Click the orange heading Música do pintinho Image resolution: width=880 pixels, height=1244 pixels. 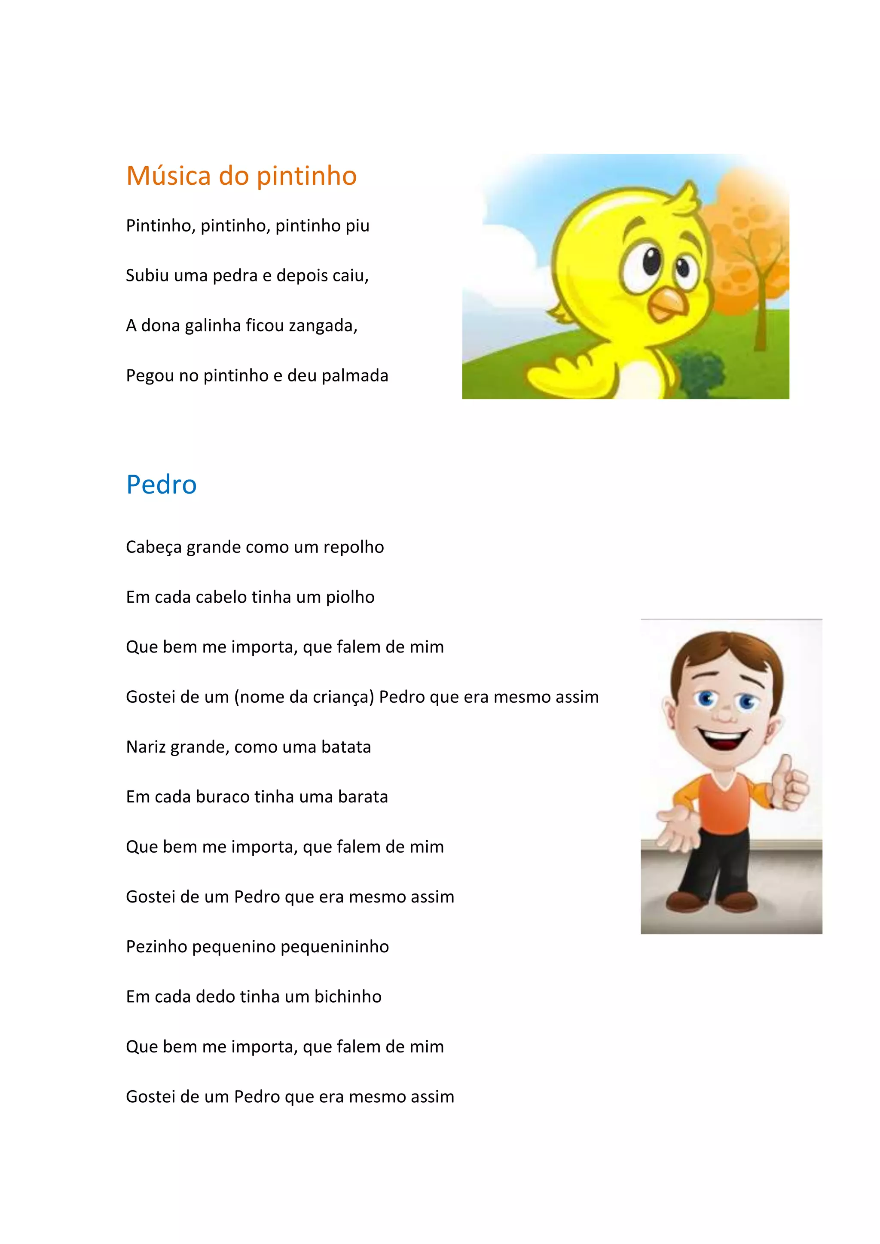(x=241, y=176)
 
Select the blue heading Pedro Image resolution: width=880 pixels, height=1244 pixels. (x=161, y=485)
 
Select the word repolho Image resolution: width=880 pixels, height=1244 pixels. (x=353, y=547)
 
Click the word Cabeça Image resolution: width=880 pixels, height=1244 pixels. (x=154, y=547)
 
